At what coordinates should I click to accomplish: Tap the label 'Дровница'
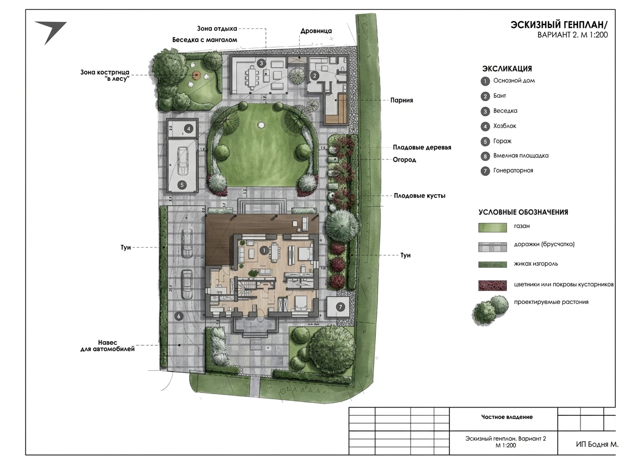316,31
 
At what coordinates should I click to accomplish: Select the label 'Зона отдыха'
217,28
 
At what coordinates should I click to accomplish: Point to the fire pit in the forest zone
196,75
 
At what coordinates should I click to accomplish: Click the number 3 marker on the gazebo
261,63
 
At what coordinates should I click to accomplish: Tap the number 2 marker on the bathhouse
315,76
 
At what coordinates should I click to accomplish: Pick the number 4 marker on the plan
189,129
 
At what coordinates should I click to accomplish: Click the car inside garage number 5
182,161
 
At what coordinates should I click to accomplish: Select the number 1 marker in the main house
264,251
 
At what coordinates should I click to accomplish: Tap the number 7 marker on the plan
341,307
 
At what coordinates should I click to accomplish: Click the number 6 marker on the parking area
178,316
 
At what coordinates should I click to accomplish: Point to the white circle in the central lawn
260,125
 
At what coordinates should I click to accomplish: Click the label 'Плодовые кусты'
419,196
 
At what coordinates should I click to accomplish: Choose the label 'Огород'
404,160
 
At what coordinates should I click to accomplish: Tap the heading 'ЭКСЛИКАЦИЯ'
507,68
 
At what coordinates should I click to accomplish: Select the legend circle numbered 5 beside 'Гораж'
485,141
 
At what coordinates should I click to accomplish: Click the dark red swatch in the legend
492,285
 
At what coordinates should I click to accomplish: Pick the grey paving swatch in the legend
492,247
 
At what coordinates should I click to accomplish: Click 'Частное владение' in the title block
506,417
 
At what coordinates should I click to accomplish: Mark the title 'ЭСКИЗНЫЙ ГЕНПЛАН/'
559,25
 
